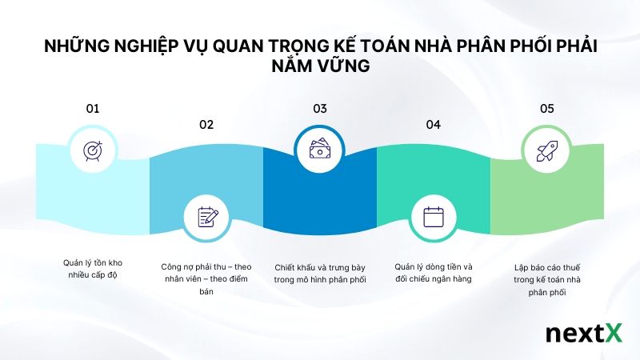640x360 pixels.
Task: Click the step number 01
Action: (93, 108)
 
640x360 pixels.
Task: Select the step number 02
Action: (206, 124)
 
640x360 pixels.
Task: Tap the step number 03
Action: (320, 108)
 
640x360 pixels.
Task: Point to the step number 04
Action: (434, 124)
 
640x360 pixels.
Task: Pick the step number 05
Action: (547, 108)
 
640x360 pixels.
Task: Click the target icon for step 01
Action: (93, 150)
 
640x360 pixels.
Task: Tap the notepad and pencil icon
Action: (207, 216)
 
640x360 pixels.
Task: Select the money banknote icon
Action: (320, 150)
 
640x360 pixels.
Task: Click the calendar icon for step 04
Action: (433, 216)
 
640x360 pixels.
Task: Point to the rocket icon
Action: (546, 150)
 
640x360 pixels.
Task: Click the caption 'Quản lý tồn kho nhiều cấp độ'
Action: (93, 269)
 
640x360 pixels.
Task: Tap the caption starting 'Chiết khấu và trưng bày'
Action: (320, 273)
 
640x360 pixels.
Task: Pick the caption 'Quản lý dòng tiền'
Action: (434, 273)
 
